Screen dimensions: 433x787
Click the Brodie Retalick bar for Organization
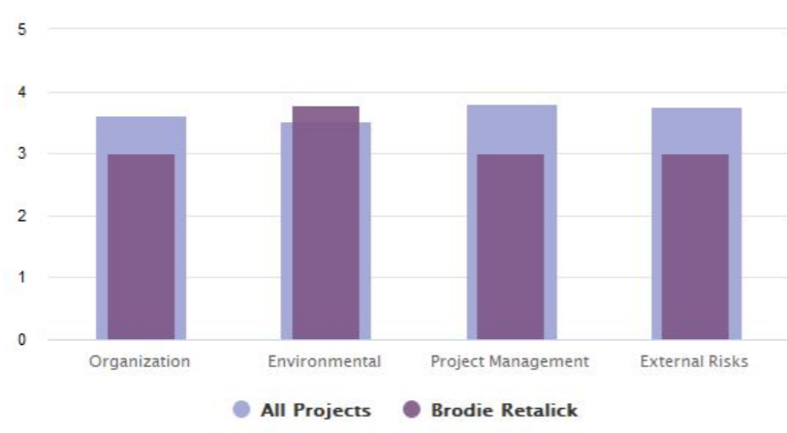point(141,247)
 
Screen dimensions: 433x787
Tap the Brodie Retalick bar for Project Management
point(510,247)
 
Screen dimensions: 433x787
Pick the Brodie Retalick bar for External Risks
point(694,247)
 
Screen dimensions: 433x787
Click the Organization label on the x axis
point(140,362)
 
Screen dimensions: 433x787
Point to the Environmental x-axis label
point(325,362)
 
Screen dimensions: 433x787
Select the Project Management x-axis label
point(510,362)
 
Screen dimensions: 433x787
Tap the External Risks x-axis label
point(694,362)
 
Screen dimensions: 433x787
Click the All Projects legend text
point(316,411)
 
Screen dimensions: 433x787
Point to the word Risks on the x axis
point(728,362)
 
